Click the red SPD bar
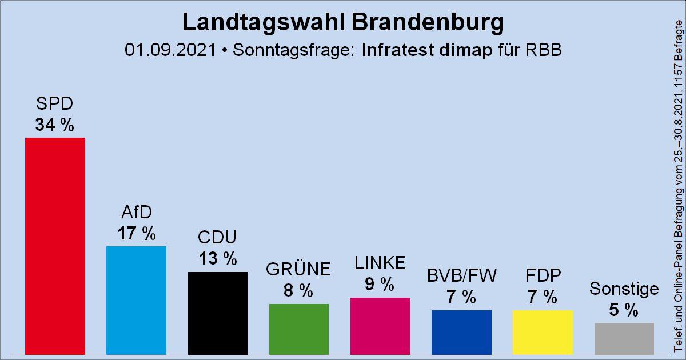click(x=55, y=246)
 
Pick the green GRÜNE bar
click(x=299, y=329)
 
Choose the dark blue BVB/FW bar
click(x=461, y=332)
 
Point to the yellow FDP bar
click(x=543, y=332)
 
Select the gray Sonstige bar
click(x=624, y=338)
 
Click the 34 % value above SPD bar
click(x=55, y=125)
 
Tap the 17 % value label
click(x=136, y=234)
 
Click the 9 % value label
click(x=380, y=284)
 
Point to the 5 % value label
click(x=624, y=310)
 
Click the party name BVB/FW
click(x=461, y=275)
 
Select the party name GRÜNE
click(x=299, y=269)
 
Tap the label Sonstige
click(x=624, y=289)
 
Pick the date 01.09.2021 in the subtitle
click(x=171, y=50)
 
